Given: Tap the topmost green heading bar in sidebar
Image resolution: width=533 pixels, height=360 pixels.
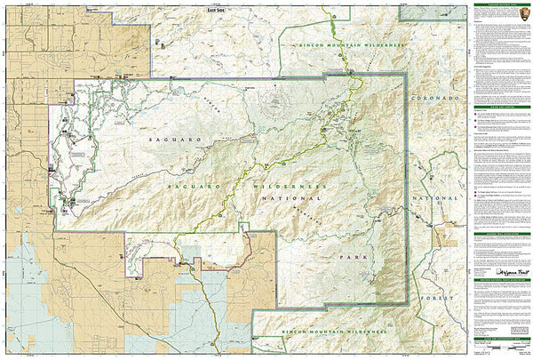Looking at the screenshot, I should (x=500, y=4).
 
